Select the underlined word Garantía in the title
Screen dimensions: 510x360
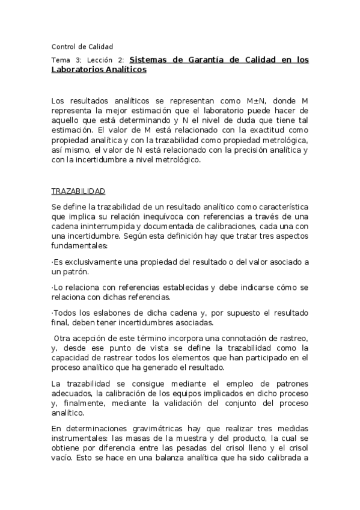pos(212,60)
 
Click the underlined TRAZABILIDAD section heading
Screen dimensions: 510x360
pos(78,191)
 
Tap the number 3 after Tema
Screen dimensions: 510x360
pos(78,60)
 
